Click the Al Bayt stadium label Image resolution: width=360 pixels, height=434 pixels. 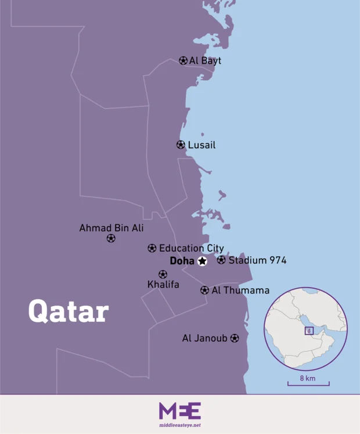205,60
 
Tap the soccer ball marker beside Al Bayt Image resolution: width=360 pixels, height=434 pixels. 183,60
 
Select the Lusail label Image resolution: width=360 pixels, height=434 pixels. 201,145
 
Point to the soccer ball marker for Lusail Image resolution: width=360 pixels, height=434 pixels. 181,145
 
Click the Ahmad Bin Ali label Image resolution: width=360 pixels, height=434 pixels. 111,228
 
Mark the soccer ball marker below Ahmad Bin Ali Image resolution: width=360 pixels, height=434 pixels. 111,238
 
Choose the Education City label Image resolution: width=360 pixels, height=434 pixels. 191,248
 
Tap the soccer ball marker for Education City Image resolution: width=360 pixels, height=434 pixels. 152,248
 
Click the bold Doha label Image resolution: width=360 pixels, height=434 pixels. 182,261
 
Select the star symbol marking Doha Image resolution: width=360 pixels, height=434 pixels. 202,261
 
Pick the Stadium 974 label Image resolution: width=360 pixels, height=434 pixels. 257,260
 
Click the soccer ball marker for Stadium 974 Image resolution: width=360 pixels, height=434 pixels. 221,260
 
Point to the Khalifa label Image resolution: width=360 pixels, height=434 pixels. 163,285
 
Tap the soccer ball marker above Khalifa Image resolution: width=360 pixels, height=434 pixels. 163,274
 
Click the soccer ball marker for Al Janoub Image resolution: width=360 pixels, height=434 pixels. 235,338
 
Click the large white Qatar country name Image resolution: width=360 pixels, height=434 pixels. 69,311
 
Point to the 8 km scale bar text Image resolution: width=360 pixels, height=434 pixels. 308,378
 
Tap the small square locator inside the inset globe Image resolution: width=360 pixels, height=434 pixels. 309,331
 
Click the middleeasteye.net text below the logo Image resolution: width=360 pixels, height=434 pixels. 180,425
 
